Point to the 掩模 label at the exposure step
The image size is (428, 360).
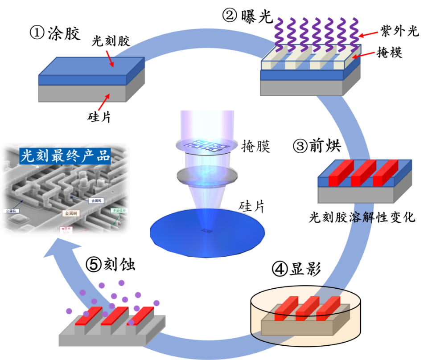point(389,53)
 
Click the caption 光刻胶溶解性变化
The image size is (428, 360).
point(362,217)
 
